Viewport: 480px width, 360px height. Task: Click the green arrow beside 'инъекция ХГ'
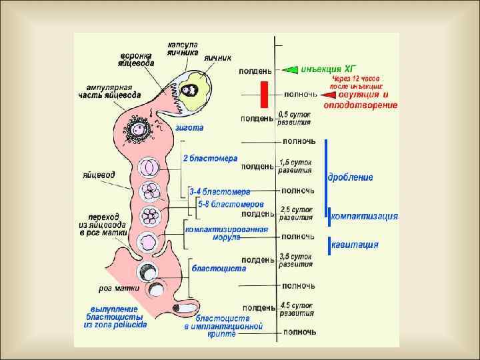tap(290, 69)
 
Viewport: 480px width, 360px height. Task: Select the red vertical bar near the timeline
tap(264, 93)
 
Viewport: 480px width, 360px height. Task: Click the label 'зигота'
tap(189, 127)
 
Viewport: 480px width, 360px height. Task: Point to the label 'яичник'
tap(217, 57)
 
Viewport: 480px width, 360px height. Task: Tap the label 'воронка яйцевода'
tap(137, 59)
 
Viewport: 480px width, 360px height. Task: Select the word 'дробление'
tap(351, 177)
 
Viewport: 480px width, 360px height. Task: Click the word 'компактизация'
tap(365, 216)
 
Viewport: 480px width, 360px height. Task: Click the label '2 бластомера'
tap(210, 159)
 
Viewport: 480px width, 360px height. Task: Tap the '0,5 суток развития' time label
tap(294, 119)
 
